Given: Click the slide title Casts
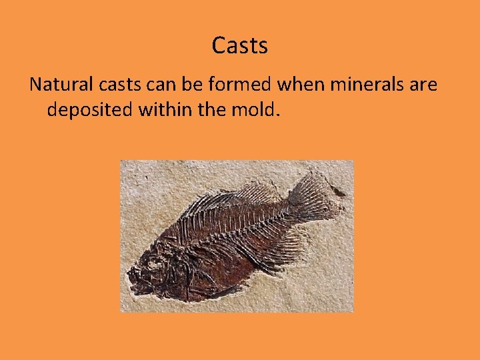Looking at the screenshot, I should click(240, 45).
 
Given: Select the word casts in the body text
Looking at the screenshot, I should click(116, 85).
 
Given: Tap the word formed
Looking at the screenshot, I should click(230, 85).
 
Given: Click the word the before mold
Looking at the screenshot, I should click(214, 109).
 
